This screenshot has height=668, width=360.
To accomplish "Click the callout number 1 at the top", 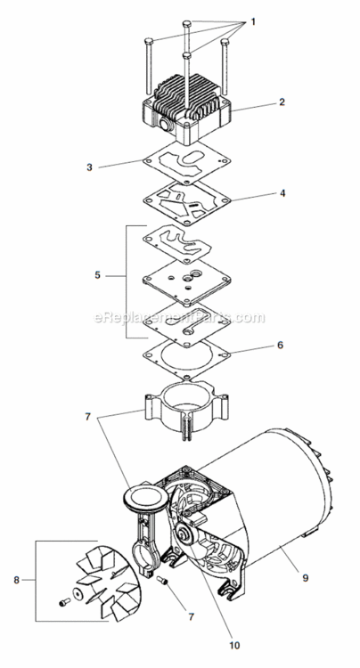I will (x=252, y=20).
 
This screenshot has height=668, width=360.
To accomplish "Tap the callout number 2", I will (x=281, y=102).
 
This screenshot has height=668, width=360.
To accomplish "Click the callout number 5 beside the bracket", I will (x=98, y=275).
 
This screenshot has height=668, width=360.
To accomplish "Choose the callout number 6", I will (x=280, y=344).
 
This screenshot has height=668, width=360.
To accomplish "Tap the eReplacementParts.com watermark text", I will (x=179, y=317).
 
